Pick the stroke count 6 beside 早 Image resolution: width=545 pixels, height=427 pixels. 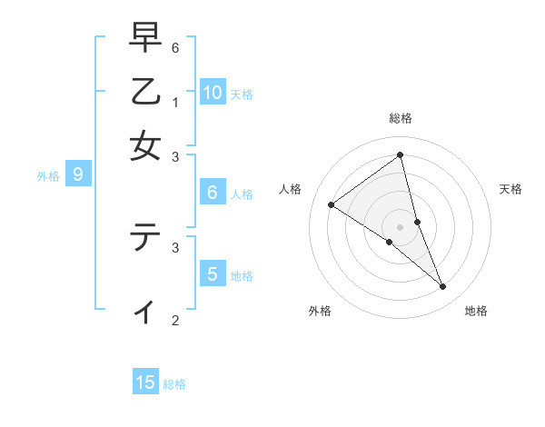pyautogui.click(x=175, y=47)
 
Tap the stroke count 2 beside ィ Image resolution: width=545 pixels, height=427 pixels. pyautogui.click(x=175, y=320)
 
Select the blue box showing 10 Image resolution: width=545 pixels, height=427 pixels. pyautogui.click(x=213, y=92)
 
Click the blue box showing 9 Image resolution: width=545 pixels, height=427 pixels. pyautogui.click(x=78, y=174)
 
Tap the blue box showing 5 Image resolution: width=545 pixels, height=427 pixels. pyautogui.click(x=213, y=273)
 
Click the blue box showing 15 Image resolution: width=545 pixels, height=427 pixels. pyautogui.click(x=145, y=382)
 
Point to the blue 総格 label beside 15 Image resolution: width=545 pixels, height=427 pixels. pyautogui.click(x=174, y=384)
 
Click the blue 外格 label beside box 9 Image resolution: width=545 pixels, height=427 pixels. pyautogui.click(x=48, y=176)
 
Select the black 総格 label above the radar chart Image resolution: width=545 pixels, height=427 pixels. pyautogui.click(x=401, y=118)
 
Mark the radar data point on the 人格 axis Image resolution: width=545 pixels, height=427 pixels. pyautogui.click(x=331, y=204)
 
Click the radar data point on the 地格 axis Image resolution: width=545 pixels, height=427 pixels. pyautogui.click(x=443, y=287)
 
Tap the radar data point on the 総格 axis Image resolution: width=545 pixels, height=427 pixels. pyautogui.click(x=401, y=154)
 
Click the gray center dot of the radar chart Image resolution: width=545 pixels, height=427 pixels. pyautogui.click(x=401, y=226)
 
